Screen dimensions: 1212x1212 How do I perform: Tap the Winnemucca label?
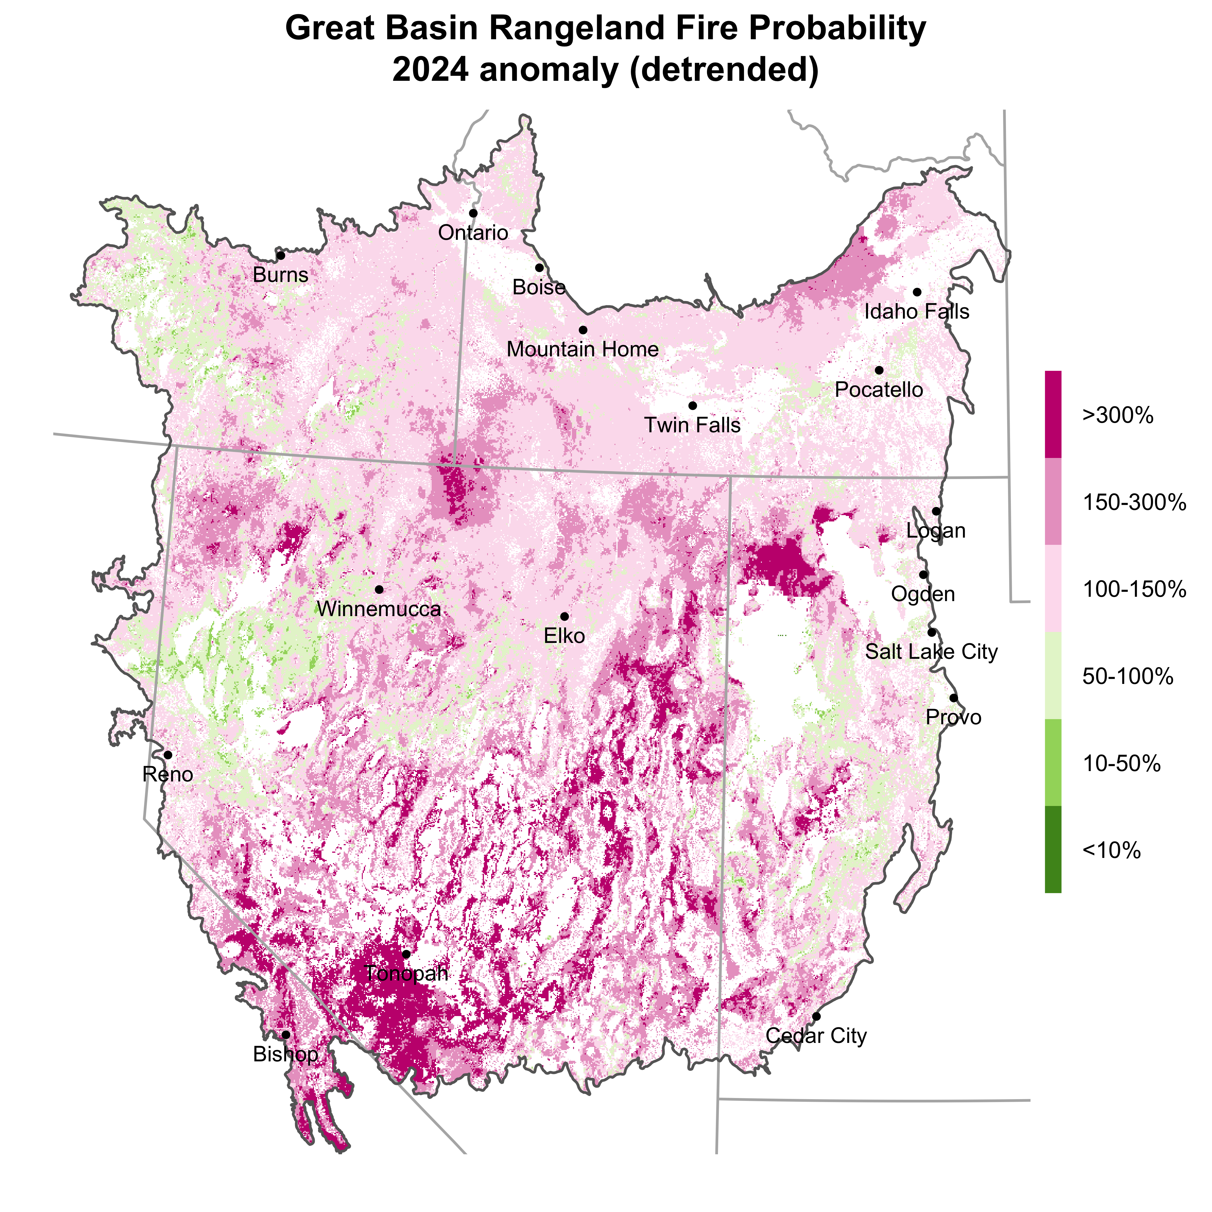(379, 609)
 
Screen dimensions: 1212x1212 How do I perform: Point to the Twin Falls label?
(693, 425)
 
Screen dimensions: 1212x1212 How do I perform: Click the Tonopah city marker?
(406, 954)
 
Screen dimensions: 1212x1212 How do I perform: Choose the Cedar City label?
(816, 1036)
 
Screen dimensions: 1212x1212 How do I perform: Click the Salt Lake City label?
(931, 652)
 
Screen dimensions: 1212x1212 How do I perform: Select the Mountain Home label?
(583, 349)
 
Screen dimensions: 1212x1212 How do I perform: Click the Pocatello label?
(879, 390)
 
